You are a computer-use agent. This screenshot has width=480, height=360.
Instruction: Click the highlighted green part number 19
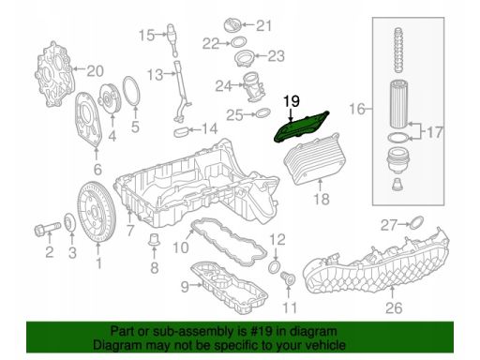(301, 127)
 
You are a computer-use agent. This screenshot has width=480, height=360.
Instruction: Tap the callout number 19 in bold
(292, 101)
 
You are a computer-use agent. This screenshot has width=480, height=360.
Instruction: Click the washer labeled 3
(69, 223)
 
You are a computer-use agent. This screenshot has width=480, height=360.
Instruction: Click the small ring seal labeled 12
(275, 266)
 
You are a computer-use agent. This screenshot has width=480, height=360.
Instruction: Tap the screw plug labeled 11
(288, 278)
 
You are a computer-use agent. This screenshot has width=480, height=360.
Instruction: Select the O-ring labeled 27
(416, 222)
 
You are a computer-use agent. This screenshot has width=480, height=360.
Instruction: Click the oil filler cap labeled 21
(233, 25)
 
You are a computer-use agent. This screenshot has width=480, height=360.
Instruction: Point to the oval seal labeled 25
(263, 113)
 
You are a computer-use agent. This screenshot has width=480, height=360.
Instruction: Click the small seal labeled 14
(180, 131)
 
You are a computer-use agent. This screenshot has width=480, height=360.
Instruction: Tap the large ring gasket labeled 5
(131, 92)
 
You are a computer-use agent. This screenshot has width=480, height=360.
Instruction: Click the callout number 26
(394, 307)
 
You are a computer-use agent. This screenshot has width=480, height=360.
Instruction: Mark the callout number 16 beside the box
(357, 109)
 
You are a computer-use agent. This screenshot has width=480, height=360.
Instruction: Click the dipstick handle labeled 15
(172, 38)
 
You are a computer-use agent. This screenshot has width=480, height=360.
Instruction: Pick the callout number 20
(95, 71)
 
